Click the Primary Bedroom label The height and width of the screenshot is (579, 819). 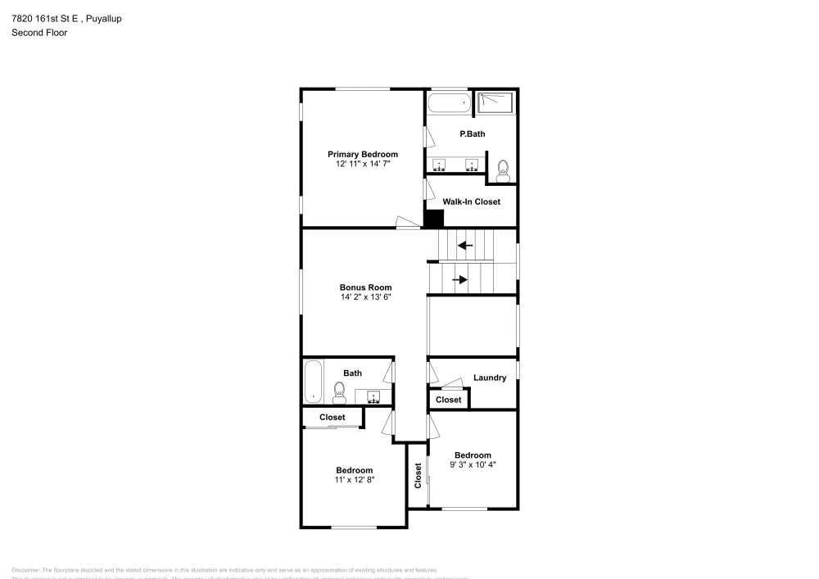coord(363,154)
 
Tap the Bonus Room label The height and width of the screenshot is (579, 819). coord(365,287)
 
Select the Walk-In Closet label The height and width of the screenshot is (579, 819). coord(471,201)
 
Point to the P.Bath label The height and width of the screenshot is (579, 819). coord(472,133)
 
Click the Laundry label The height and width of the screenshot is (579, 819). coord(490,378)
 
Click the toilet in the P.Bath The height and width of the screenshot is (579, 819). coord(503,170)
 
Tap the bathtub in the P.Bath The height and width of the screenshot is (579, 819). coord(449,103)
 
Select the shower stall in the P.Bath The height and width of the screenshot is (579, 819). coord(495,102)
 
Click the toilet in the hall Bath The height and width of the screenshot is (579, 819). coord(339,392)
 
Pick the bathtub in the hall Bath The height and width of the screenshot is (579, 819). coord(313,382)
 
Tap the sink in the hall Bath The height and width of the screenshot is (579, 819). coord(373,397)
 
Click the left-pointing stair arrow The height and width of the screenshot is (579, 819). coord(465,245)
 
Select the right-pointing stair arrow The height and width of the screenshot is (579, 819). coord(460,279)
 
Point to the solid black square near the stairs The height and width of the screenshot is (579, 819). coord(433,219)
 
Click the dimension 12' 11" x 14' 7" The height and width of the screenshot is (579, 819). coord(363,164)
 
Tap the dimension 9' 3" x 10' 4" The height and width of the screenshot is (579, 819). coord(473,464)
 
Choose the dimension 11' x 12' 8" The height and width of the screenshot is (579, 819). coord(354,480)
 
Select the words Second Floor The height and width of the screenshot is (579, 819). coord(39,33)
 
